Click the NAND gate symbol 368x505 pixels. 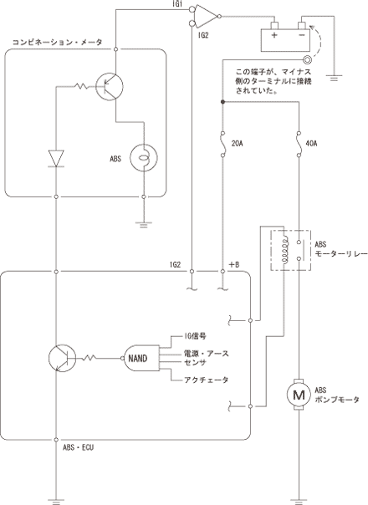pos(141,358)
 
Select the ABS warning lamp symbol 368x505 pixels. pos(144,158)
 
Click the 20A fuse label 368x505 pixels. pos(238,143)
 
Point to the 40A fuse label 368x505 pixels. pos(311,143)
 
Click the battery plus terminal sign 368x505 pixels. pos(273,34)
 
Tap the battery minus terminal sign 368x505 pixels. pos(302,34)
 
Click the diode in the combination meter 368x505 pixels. pos(56,159)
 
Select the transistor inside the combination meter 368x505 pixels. pos(110,86)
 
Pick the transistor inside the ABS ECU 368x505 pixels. pos(62,358)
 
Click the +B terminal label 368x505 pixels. pos(234,265)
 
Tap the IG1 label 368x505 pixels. pos(177,3)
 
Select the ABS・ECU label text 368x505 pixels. pos(79,447)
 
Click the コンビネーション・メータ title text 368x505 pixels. pos(58,42)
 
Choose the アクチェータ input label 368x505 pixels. pos(207,380)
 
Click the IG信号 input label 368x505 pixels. pos(195,337)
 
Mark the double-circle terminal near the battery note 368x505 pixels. pos(306,60)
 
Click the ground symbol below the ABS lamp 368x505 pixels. pos(144,224)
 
